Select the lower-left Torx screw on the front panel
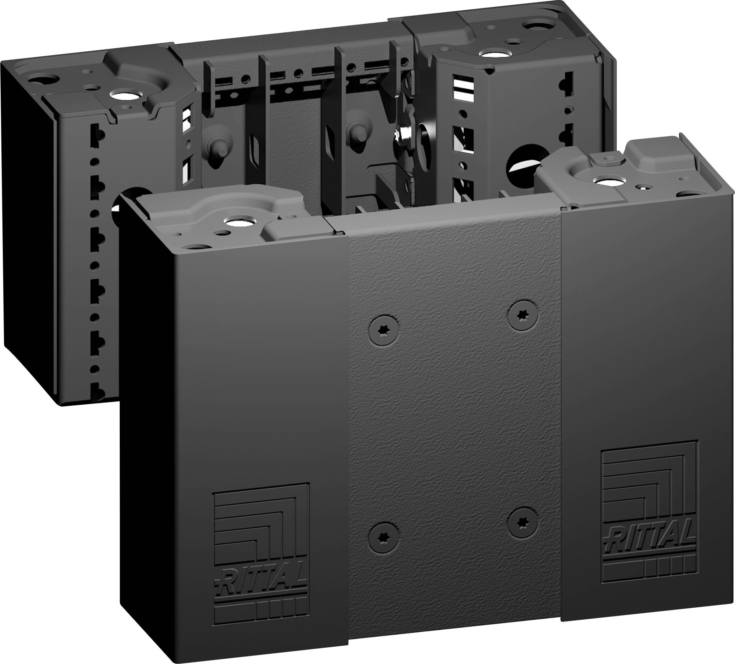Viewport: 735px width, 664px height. [383, 538]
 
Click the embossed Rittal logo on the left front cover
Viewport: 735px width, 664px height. [261, 555]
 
